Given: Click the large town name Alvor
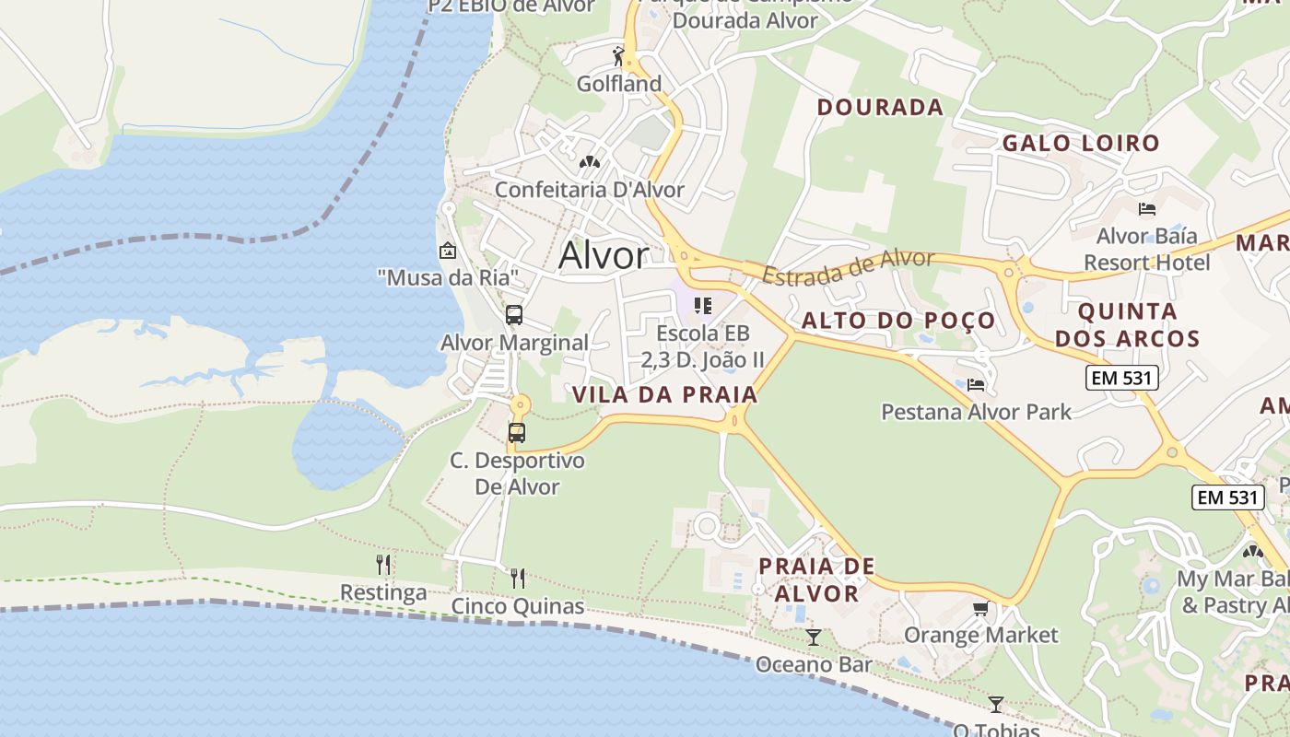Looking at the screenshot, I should [604, 255].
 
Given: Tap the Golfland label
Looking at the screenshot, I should [619, 84].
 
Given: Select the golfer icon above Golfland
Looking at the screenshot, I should [618, 56].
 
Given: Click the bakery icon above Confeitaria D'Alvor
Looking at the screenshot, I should [589, 162].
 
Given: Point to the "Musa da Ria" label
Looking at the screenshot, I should [448, 276].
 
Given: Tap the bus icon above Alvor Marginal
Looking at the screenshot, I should [514, 315].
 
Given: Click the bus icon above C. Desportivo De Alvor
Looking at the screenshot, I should [517, 432].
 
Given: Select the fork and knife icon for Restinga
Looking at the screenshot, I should [383, 564].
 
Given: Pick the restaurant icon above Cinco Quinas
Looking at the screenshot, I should [518, 579].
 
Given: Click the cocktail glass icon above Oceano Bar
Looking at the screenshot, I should [813, 637].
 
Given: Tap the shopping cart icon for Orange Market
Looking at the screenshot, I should [980, 608].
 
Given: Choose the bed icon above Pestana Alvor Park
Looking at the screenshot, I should [976, 384].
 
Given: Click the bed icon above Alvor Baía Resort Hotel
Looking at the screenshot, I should [1147, 209].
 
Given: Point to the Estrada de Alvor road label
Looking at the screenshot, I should [848, 266].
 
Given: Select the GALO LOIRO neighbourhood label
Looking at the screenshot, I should [1080, 143].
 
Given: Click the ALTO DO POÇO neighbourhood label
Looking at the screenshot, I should [898, 321].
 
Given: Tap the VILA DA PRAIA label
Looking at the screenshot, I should [664, 395].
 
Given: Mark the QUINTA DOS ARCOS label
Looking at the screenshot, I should [1128, 325].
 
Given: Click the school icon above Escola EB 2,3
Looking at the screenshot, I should [703, 305].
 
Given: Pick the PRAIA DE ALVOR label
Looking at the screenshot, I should [816, 579].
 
